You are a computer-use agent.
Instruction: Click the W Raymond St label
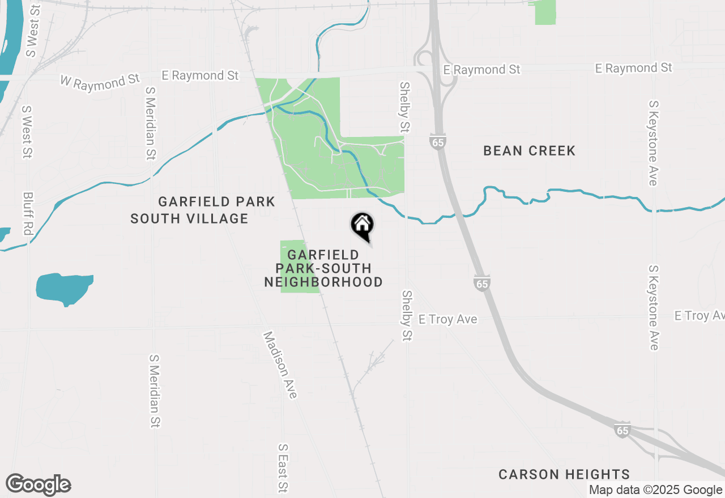pyautogui.click(x=100, y=80)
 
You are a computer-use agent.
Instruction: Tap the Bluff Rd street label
pyautogui.click(x=28, y=214)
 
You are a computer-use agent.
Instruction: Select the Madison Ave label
pyautogui.click(x=280, y=365)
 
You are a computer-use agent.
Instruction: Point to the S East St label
pyautogui.click(x=283, y=467)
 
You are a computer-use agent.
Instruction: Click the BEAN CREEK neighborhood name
pyautogui.click(x=529, y=151)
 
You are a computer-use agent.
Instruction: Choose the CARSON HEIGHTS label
pyautogui.click(x=564, y=475)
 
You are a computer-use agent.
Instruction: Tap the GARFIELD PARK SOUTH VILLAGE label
pyautogui.click(x=202, y=210)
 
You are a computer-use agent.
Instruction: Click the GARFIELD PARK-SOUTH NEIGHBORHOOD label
pyautogui.click(x=323, y=269)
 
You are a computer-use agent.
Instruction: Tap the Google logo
pyautogui.click(x=38, y=485)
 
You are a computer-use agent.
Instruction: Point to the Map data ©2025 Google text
pyautogui.click(x=655, y=490)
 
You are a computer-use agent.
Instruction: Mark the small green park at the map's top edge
pyautogui.click(x=545, y=12)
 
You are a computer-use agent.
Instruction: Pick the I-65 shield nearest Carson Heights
pyautogui.click(x=622, y=430)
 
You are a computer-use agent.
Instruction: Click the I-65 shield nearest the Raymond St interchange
pyautogui.click(x=437, y=142)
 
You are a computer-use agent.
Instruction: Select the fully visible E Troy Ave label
pyautogui.click(x=447, y=320)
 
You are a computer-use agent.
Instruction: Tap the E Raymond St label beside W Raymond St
pyautogui.click(x=200, y=75)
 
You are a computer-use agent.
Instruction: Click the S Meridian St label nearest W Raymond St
pyautogui.click(x=151, y=123)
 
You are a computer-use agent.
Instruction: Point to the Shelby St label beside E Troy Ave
pyautogui.click(x=407, y=316)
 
